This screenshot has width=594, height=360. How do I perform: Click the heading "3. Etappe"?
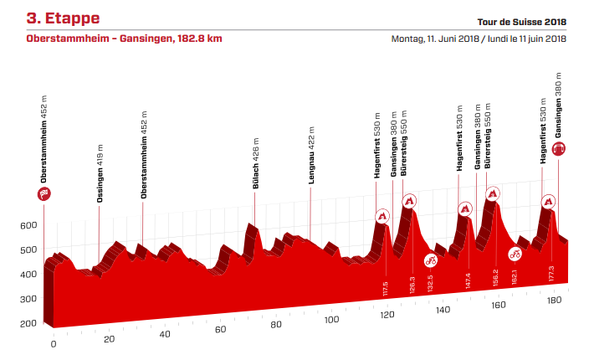click(63, 17)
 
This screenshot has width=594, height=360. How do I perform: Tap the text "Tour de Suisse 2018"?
click(522, 23)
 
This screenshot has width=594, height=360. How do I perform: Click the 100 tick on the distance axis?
click(331, 320)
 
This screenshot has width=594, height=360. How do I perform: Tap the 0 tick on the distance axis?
click(53, 343)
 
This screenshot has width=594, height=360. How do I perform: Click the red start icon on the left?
click(44, 194)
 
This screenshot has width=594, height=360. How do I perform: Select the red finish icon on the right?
click(559, 149)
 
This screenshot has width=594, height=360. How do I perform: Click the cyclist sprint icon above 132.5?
click(431, 260)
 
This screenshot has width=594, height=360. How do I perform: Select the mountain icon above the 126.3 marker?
click(409, 201)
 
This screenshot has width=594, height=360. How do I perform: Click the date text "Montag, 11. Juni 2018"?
click(434, 39)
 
